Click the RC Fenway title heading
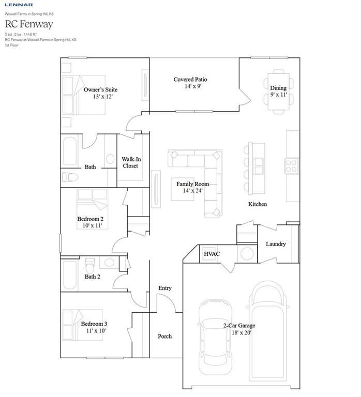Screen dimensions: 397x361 (29, 23)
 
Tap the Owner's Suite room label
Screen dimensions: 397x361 (100, 89)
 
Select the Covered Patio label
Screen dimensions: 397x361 (190, 79)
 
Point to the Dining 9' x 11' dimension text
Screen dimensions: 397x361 (278, 95)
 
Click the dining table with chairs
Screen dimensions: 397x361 (278, 86)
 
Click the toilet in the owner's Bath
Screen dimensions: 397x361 (70, 177)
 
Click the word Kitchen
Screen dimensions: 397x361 (257, 204)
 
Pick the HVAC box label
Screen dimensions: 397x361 (212, 254)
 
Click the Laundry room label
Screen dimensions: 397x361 (275, 244)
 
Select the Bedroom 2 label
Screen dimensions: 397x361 (90, 219)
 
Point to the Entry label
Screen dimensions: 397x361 (164, 288)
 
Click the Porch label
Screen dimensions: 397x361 (164, 336)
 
